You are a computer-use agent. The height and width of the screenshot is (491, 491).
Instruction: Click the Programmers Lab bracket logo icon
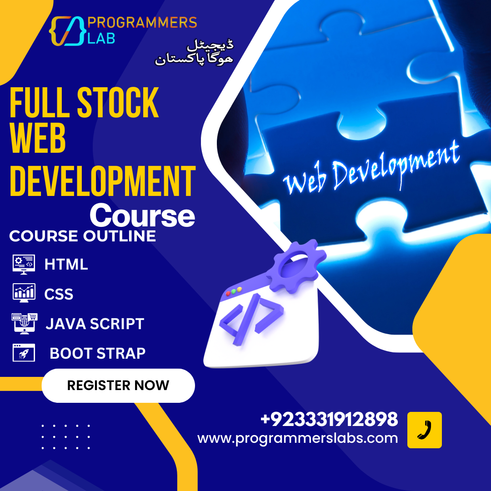pyautogui.click(x=66, y=31)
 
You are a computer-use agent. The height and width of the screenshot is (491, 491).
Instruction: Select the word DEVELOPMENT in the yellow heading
pyautogui.click(x=103, y=181)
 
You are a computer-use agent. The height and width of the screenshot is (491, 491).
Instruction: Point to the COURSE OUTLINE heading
pyautogui.click(x=82, y=236)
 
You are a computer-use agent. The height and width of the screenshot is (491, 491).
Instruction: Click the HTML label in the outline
pyautogui.click(x=66, y=264)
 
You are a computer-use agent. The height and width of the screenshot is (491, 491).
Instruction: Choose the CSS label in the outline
pyautogui.click(x=59, y=294)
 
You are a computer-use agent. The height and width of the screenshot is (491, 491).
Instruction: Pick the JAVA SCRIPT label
pyautogui.click(x=95, y=324)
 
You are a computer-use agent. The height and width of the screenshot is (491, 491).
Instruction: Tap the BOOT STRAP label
pyautogui.click(x=97, y=353)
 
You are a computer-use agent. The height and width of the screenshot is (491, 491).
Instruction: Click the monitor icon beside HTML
pyautogui.click(x=24, y=264)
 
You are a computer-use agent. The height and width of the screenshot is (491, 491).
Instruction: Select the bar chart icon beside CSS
pyautogui.click(x=24, y=293)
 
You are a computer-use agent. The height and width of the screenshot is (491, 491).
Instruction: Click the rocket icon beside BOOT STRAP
pyautogui.click(x=24, y=353)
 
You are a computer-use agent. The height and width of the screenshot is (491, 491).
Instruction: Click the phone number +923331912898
pyautogui.click(x=329, y=419)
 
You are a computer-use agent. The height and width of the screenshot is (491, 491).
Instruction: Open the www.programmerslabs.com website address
pyautogui.click(x=298, y=438)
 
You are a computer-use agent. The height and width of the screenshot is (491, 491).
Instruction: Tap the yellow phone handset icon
pyautogui.click(x=424, y=430)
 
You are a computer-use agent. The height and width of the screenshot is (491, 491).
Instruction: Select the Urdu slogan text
pyautogui.click(x=195, y=53)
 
